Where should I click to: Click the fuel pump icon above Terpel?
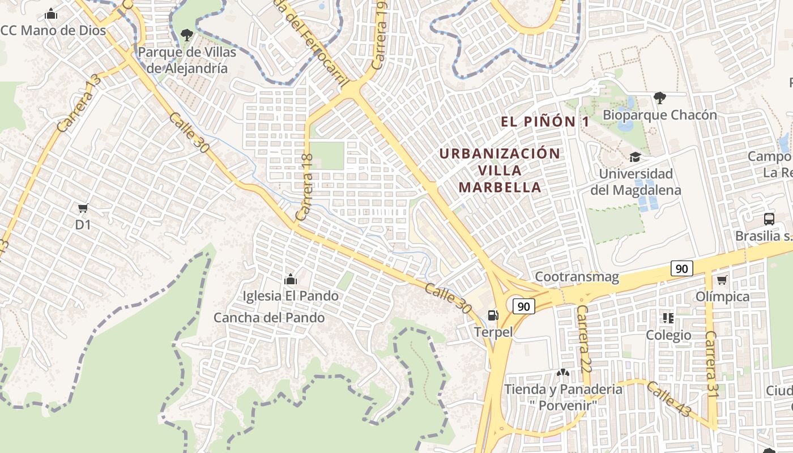(x=493, y=315)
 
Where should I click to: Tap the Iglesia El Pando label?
(x=290, y=296)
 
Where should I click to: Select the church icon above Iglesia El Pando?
(x=291, y=279)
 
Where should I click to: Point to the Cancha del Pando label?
(x=269, y=318)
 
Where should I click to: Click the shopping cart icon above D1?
(x=83, y=208)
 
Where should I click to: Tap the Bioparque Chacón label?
(x=659, y=115)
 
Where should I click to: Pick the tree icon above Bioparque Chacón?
(x=659, y=98)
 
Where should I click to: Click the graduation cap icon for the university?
(x=635, y=157)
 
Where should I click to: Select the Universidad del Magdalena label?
(x=636, y=182)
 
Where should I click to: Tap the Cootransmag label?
(x=577, y=277)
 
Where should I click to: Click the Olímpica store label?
(x=722, y=297)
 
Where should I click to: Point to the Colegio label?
(x=668, y=335)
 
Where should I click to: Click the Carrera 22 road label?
(x=583, y=339)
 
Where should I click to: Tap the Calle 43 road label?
(x=668, y=399)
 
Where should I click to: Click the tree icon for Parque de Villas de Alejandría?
(x=186, y=35)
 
